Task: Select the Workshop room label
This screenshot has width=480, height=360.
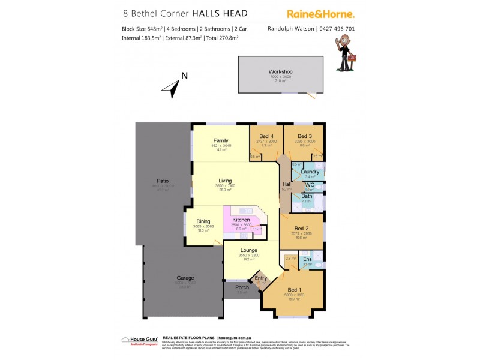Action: coord(280,72)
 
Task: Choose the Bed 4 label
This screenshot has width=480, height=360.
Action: coord(266,136)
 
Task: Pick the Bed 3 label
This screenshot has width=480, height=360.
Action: coord(305,136)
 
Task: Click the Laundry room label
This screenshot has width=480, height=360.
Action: coord(310,172)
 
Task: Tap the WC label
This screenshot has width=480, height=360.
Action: coord(310,185)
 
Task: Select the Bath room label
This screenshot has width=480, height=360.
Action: coord(307,196)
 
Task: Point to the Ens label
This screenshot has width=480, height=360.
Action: coord(307,259)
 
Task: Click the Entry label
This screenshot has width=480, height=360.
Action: coord(260,278)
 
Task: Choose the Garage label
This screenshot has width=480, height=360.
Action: coord(185,278)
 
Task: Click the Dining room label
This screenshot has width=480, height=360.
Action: coord(203,221)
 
